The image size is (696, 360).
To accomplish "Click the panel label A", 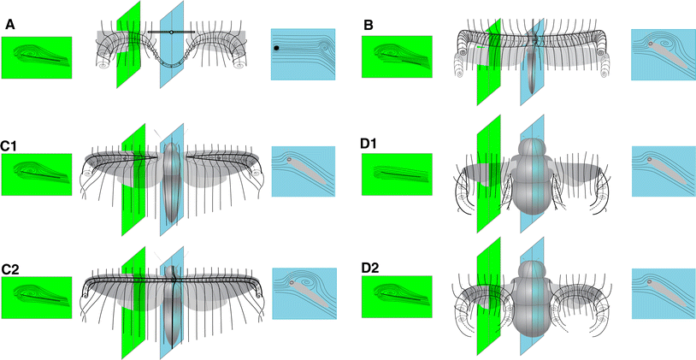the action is pos(10,26).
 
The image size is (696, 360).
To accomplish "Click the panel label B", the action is pos(368,26).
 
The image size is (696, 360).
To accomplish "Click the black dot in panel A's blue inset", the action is pos(276,49).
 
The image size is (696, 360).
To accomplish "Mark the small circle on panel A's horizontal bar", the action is pos(171,32).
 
